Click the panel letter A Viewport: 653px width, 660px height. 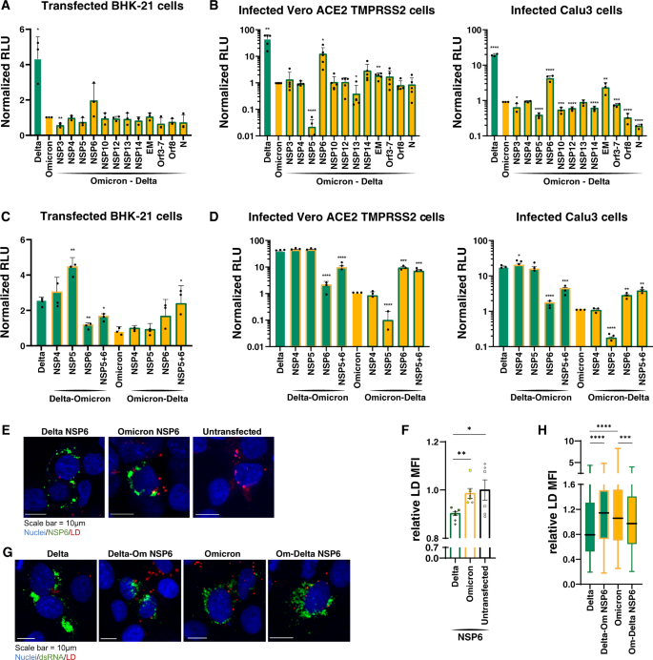pos(7,8)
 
